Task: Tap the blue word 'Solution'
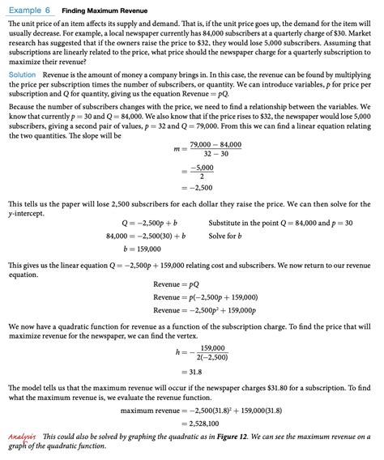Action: click(x=22, y=74)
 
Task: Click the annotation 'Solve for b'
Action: click(x=228, y=235)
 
